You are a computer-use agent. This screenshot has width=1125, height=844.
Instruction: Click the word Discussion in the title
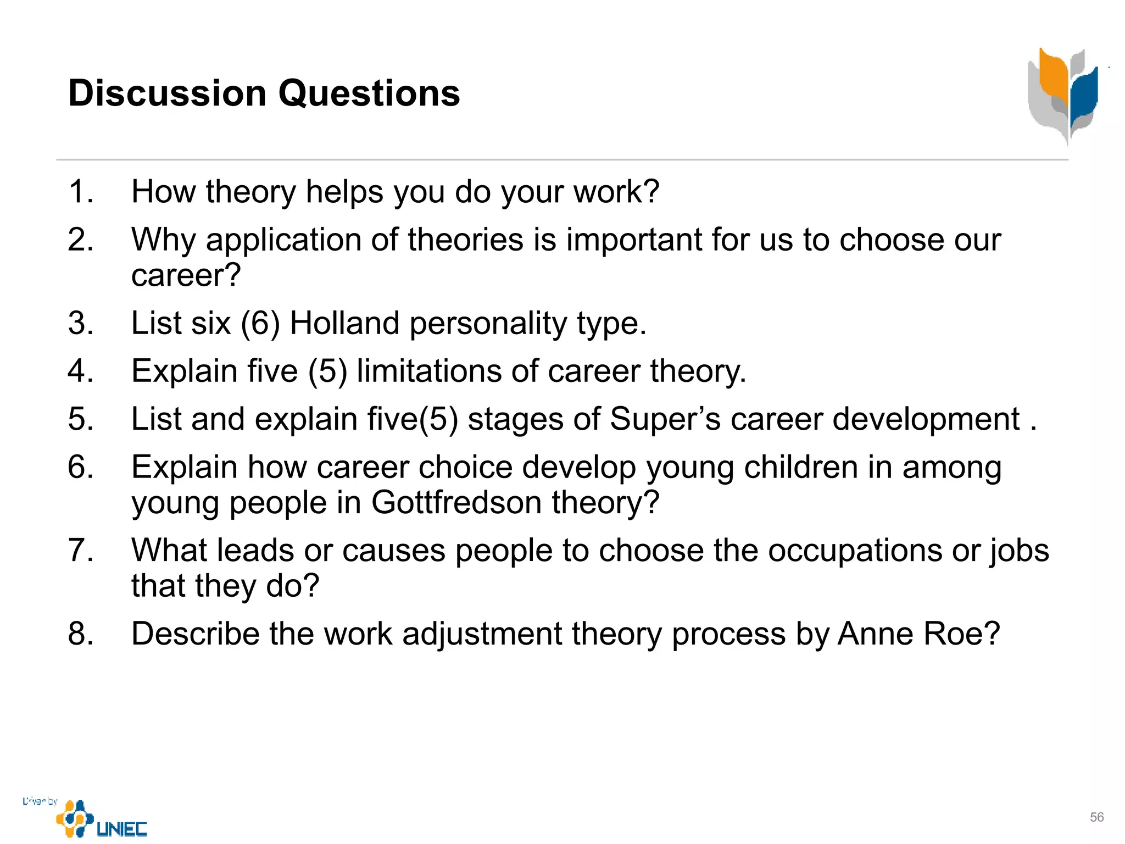point(167,93)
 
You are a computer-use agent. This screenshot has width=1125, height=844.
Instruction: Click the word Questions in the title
point(369,93)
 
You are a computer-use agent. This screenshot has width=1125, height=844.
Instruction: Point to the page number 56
point(1096,817)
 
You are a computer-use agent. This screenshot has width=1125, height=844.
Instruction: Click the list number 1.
point(80,192)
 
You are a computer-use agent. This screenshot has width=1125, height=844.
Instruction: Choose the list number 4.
point(80,371)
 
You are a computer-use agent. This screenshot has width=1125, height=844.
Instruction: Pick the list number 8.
point(80,634)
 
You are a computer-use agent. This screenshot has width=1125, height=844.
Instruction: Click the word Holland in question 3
point(344,323)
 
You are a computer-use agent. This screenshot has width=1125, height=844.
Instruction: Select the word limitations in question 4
point(429,371)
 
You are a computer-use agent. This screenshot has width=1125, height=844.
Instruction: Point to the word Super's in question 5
point(665,419)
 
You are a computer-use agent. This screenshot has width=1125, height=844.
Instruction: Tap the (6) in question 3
point(260,323)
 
